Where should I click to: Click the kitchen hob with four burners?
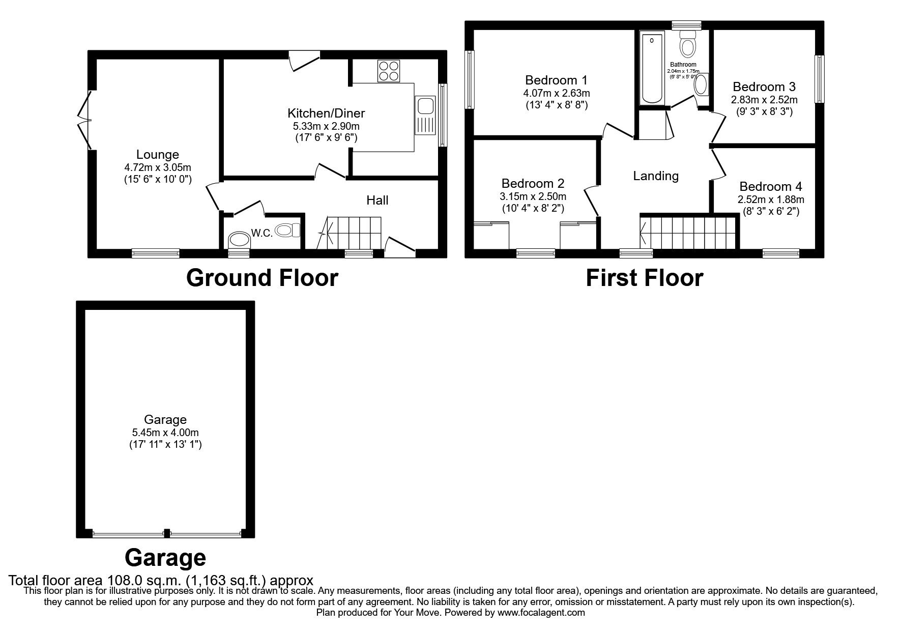pyautogui.click(x=389, y=71)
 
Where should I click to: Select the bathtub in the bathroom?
pyautogui.click(x=652, y=67)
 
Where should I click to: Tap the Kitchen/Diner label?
pyautogui.click(x=326, y=113)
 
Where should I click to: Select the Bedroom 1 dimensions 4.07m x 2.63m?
pyautogui.click(x=556, y=93)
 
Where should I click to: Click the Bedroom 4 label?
pyautogui.click(x=771, y=187)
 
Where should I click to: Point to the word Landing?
pyautogui.click(x=656, y=176)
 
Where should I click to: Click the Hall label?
pyautogui.click(x=377, y=200)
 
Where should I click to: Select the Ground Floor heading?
pyautogui.click(x=262, y=278)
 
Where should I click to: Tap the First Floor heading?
pyautogui.click(x=645, y=278)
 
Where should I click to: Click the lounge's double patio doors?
pyautogui.click(x=84, y=121)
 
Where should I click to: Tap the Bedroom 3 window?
pyautogui.click(x=819, y=79)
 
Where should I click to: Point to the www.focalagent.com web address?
pyautogui.click(x=541, y=613)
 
